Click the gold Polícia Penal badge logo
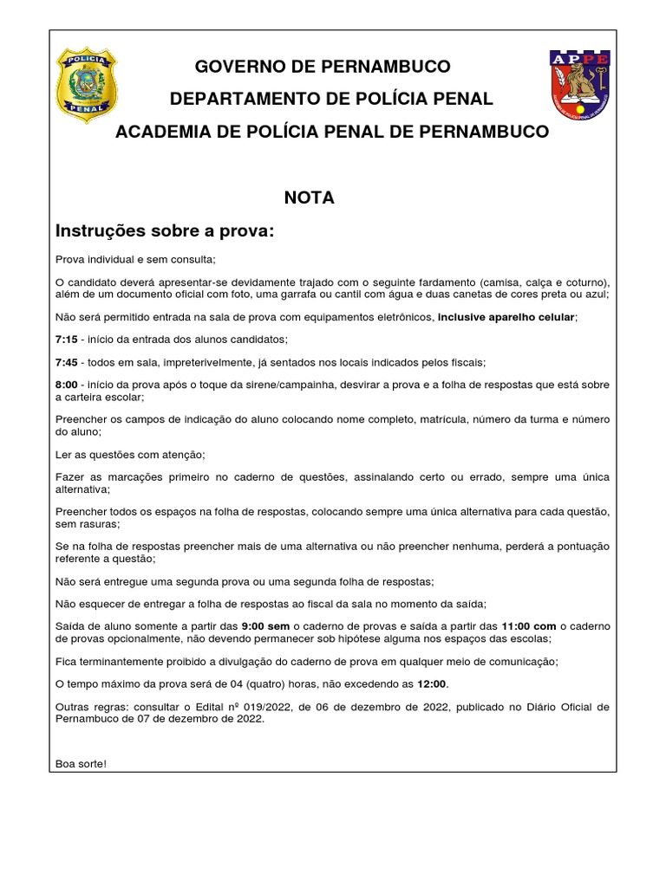86,84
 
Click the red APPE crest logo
580,84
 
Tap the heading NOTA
310,198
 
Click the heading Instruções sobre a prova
165,231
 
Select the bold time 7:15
67,339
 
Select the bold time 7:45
67,361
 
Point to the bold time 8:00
67,385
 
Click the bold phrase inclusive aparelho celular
506,317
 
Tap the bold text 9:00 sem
265,626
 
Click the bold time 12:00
432,684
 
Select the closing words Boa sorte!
81,763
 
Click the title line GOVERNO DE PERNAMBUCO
323,67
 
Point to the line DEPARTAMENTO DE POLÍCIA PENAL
331,100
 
